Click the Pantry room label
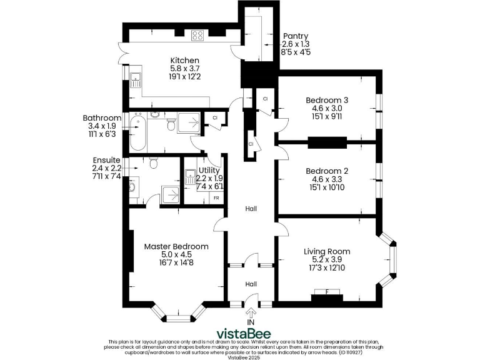[x=295, y=36]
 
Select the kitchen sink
[x=135, y=79]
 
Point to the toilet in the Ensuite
[x=154, y=164]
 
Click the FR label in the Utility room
[x=216, y=198]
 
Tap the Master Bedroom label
[x=176, y=246]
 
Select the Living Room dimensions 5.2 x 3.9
[x=326, y=260]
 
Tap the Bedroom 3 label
[x=327, y=100]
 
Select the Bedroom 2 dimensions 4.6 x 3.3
[x=327, y=179]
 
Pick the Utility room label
[x=209, y=170]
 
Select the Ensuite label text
[x=106, y=160]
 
